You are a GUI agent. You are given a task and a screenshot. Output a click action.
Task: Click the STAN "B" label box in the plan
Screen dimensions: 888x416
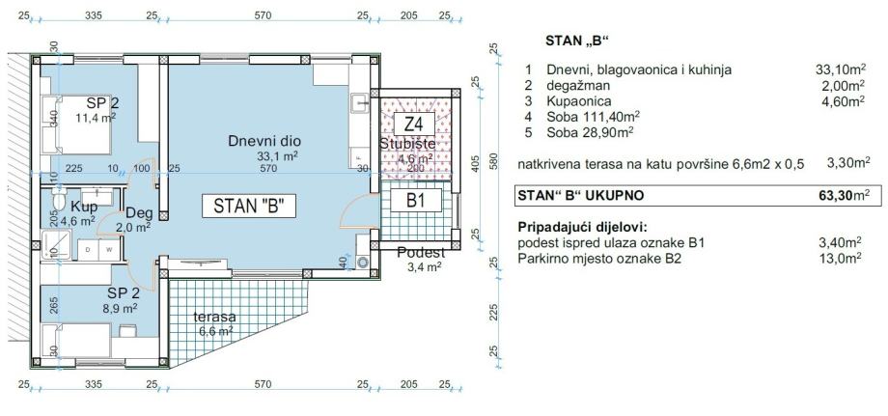point(249,207)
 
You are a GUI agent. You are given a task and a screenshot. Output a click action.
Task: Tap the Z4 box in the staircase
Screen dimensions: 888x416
point(414,124)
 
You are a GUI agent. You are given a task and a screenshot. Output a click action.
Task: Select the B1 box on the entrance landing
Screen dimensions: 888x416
point(417,201)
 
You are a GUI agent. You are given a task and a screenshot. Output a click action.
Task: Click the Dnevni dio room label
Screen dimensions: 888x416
point(264,141)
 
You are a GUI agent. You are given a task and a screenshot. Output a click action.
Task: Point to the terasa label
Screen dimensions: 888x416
point(214,317)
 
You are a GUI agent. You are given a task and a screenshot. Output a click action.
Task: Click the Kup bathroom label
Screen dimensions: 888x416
point(84,206)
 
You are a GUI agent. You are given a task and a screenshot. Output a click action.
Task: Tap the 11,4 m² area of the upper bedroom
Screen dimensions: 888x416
point(96,117)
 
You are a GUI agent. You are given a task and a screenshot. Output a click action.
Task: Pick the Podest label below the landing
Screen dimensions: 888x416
point(421,253)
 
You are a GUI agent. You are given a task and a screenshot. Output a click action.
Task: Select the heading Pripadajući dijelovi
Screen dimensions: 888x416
point(582,228)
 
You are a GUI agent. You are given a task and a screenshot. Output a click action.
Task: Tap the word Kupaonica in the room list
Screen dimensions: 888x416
point(579,102)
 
